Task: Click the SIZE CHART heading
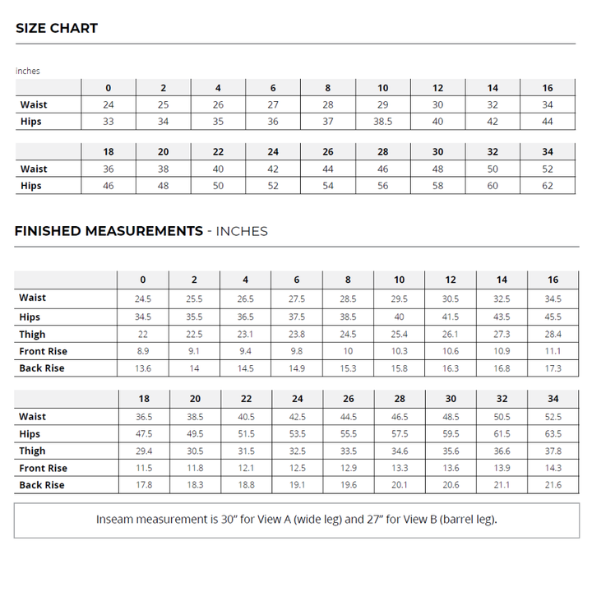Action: pyautogui.click(x=57, y=28)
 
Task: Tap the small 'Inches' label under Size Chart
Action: pyautogui.click(x=27, y=71)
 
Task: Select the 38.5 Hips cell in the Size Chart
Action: pyautogui.click(x=382, y=122)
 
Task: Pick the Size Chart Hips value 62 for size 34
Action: pyautogui.click(x=547, y=186)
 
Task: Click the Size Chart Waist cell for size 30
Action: pyautogui.click(x=437, y=169)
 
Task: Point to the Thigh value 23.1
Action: pyautogui.click(x=245, y=335)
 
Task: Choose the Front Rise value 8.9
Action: pyautogui.click(x=142, y=351)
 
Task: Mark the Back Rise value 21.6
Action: pyautogui.click(x=553, y=485)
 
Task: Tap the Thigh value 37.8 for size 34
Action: pyautogui.click(x=553, y=451)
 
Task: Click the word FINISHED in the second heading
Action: pyautogui.click(x=51, y=231)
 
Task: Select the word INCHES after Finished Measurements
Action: pyautogui.click(x=242, y=231)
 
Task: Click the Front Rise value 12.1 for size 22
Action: pyautogui.click(x=245, y=468)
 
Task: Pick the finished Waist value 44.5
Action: pyautogui.click(x=348, y=417)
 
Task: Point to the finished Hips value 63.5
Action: pyautogui.click(x=553, y=433)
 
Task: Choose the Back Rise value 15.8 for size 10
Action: pyautogui.click(x=399, y=368)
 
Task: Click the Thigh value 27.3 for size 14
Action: pyautogui.click(x=502, y=335)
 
